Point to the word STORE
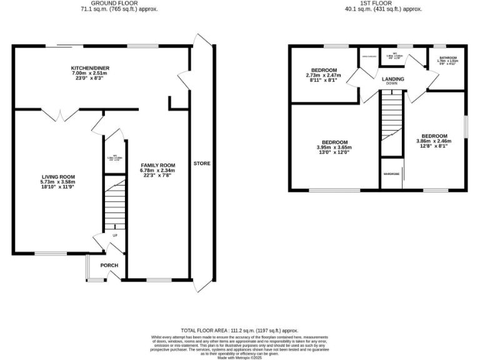[201, 164]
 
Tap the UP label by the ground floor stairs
[115, 235]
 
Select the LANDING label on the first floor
[393, 79]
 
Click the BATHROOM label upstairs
[447, 58]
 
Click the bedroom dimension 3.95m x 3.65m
[334, 147]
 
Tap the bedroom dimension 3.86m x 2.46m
[434, 142]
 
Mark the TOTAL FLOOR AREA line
[239, 330]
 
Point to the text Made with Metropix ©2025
[239, 357]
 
